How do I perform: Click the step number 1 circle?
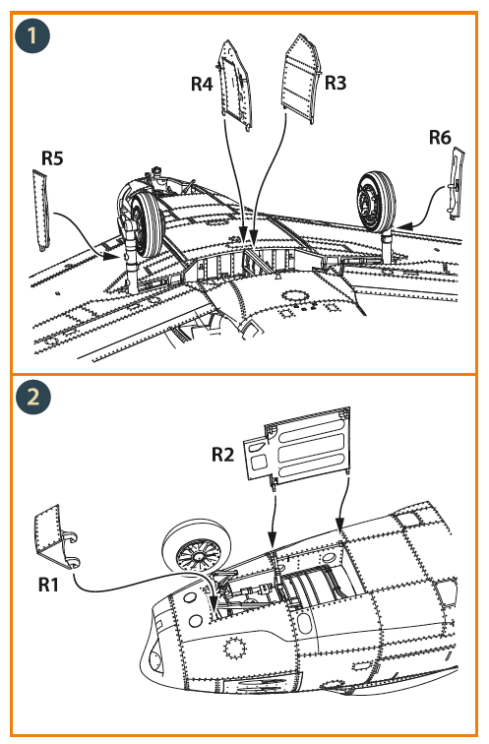tap(32, 35)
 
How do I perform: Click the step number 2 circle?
tap(32, 397)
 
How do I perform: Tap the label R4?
tap(202, 84)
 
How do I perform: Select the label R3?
tap(336, 83)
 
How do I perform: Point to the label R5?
tap(52, 158)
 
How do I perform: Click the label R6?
tap(440, 137)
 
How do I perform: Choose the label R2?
tap(223, 454)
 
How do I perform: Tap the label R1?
tap(48, 585)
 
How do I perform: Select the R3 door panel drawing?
tap(302, 79)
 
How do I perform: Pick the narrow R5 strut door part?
tap(41, 210)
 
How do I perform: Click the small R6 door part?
tap(457, 183)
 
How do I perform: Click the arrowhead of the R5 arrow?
tap(112, 257)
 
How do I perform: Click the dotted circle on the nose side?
tap(235, 649)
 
